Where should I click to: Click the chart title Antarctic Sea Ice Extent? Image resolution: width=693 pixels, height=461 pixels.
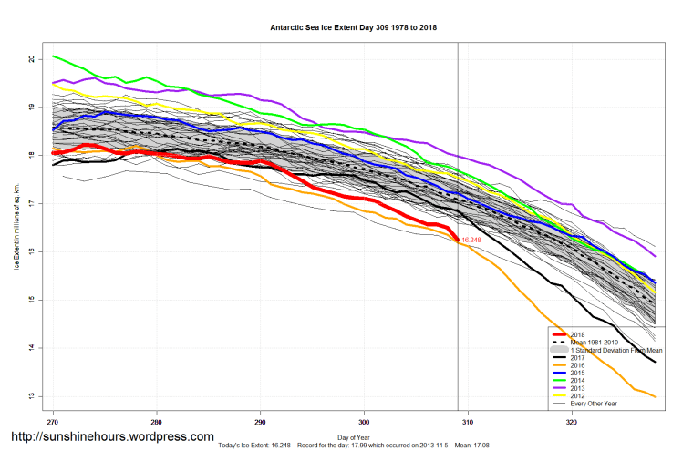[353, 27]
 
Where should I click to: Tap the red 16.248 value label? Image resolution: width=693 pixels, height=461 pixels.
[471, 241]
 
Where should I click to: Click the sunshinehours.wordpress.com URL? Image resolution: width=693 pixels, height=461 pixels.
[111, 436]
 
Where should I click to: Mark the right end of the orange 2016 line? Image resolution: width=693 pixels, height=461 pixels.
[655, 396]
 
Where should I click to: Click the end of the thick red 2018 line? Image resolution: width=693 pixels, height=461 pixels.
[457, 241]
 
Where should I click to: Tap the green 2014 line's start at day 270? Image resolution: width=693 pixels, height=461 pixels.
[53, 56]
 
